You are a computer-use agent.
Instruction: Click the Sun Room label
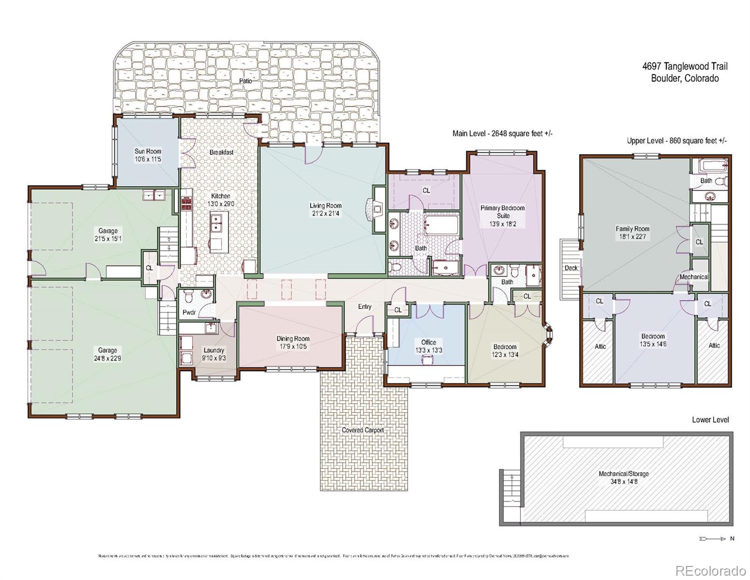(148, 151)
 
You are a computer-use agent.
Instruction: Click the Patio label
(246, 81)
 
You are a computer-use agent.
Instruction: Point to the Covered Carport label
(363, 430)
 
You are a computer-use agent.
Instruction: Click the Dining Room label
(293, 338)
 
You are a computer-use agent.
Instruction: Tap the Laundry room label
(213, 350)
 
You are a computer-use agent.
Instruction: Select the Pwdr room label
(189, 312)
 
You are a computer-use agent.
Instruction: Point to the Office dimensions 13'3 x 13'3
(428, 350)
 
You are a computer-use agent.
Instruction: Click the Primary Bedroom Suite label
(502, 212)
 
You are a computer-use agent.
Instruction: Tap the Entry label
(365, 306)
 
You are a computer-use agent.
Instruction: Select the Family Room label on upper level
(632, 229)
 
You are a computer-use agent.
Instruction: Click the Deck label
(571, 268)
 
